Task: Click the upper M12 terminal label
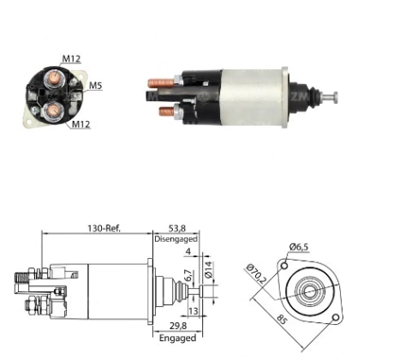click(71, 58)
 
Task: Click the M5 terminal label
click(95, 86)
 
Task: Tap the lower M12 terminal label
click(80, 124)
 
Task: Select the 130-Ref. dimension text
click(104, 228)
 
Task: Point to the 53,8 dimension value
click(177, 228)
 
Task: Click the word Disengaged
click(176, 239)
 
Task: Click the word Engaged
click(177, 338)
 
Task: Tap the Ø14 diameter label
click(209, 269)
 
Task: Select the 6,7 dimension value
click(188, 275)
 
